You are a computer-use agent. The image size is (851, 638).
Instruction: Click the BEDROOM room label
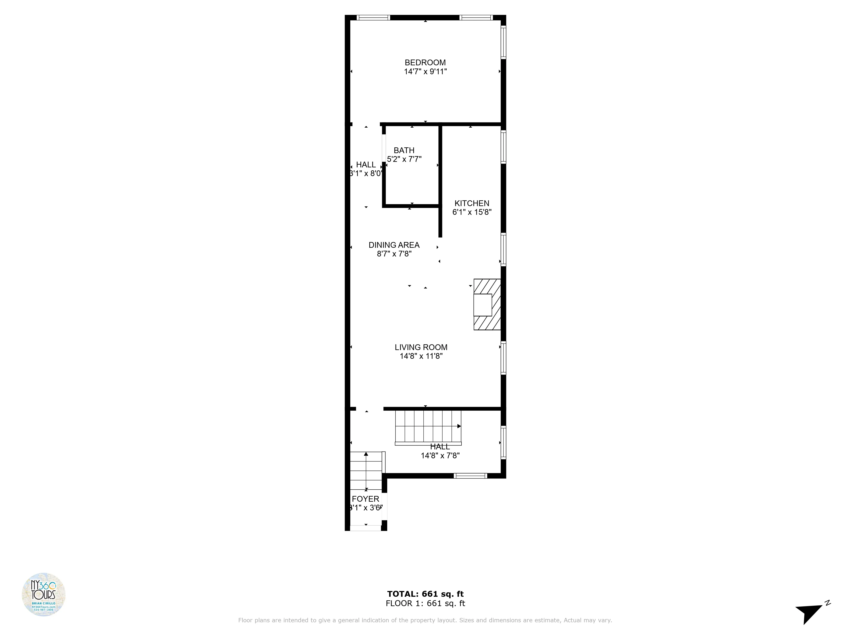click(425, 62)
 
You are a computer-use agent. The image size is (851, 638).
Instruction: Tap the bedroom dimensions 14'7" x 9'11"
click(425, 71)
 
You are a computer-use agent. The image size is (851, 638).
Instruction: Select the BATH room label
click(404, 150)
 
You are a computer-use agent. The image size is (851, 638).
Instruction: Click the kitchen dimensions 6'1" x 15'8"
click(472, 212)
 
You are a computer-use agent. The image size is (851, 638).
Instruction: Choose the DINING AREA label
click(394, 245)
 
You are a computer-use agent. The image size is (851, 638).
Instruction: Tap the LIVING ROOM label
click(421, 347)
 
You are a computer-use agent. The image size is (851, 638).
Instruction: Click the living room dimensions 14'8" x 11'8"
click(421, 356)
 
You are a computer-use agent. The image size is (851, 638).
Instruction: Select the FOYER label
click(366, 499)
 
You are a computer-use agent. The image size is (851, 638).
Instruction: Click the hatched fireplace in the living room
click(487, 305)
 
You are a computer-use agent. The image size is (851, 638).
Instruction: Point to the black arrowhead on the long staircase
click(459, 426)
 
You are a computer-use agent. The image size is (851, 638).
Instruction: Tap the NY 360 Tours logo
click(43, 594)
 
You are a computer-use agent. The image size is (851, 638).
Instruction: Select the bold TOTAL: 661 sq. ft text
click(425, 594)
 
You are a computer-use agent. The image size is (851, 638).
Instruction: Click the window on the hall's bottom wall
click(470, 476)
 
